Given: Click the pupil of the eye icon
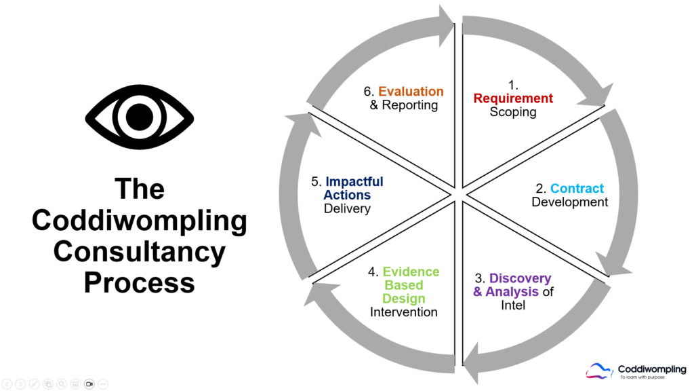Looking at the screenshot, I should pyautogui.click(x=138, y=112).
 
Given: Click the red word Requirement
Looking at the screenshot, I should pyautogui.click(x=513, y=98).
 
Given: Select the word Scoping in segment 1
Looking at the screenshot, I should pyautogui.click(x=513, y=112).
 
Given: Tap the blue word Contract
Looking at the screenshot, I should pyautogui.click(x=577, y=188).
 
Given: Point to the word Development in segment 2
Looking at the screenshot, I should pyautogui.click(x=569, y=202).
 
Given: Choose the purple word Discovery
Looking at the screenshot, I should pyautogui.click(x=520, y=278).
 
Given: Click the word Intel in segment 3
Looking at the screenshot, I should pyautogui.click(x=512, y=305).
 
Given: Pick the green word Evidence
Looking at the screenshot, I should pyautogui.click(x=411, y=272).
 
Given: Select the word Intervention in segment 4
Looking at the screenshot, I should pyautogui.click(x=404, y=312).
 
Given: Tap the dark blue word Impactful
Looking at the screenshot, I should pyautogui.click(x=354, y=182).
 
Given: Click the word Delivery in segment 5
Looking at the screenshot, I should pyautogui.click(x=347, y=208).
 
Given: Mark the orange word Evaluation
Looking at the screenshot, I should pyautogui.click(x=411, y=92).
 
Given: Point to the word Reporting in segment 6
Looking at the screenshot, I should pyautogui.click(x=410, y=105).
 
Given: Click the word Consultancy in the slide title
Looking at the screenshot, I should pyautogui.click(x=139, y=252).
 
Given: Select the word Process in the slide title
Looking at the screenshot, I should pyautogui.click(x=139, y=282).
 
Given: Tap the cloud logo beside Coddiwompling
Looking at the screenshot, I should pyautogui.click(x=600, y=370).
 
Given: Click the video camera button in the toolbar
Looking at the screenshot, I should pyautogui.click(x=89, y=384).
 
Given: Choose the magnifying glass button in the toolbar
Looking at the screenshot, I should pyautogui.click(x=61, y=384).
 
